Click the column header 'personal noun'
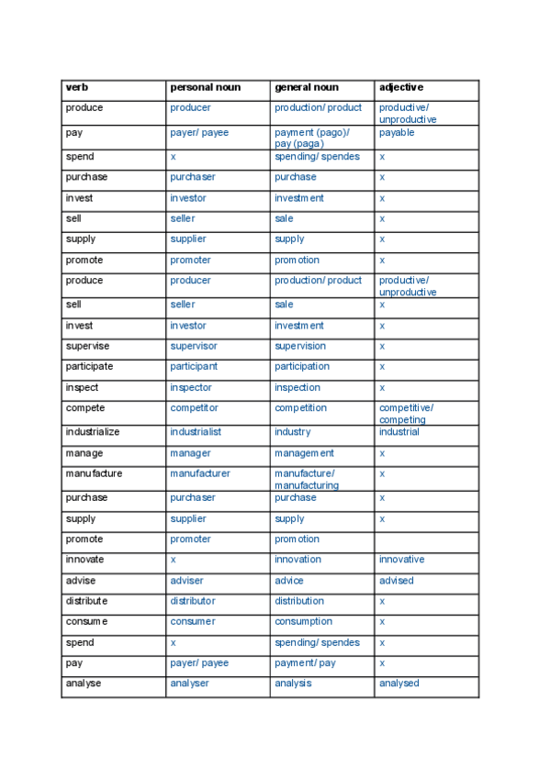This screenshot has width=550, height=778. click(x=205, y=88)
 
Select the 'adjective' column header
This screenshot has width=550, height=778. click(x=401, y=88)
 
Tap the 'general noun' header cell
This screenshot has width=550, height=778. click(x=306, y=88)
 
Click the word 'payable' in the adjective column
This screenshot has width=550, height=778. click(x=397, y=133)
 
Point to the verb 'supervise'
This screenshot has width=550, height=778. click(x=87, y=347)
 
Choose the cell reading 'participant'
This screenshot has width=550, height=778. click(x=194, y=367)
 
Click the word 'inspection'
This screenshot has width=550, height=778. click(x=297, y=388)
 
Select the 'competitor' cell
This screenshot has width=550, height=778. click(x=194, y=408)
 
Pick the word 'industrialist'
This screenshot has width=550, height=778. click(x=196, y=432)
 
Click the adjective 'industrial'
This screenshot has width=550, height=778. click(x=398, y=432)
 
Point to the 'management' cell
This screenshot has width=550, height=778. click(x=304, y=453)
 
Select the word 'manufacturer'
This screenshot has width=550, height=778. click(x=200, y=474)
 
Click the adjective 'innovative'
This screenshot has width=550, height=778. click(x=402, y=560)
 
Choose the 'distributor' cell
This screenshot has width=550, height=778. click(x=193, y=602)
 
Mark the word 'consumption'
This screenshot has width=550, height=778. click(x=304, y=622)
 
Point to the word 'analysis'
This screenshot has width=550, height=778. click(x=293, y=684)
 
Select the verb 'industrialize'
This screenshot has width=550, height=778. click(x=93, y=432)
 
